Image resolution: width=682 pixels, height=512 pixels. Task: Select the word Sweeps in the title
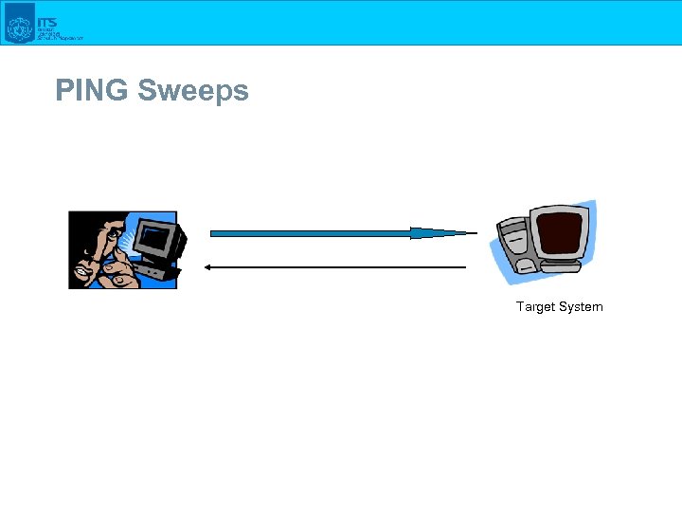point(193,91)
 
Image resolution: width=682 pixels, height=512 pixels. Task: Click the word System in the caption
point(581,306)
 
